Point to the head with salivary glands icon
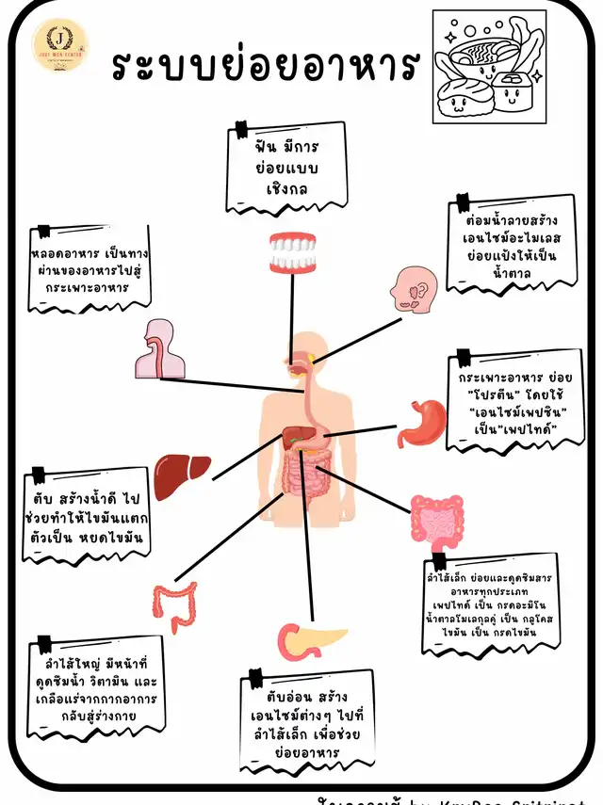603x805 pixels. coord(413,289)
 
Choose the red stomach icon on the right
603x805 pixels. coord(420,424)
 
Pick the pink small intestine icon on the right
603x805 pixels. coord(437,520)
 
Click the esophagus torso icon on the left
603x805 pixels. coord(157,349)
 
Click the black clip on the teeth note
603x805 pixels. coord(242,129)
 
